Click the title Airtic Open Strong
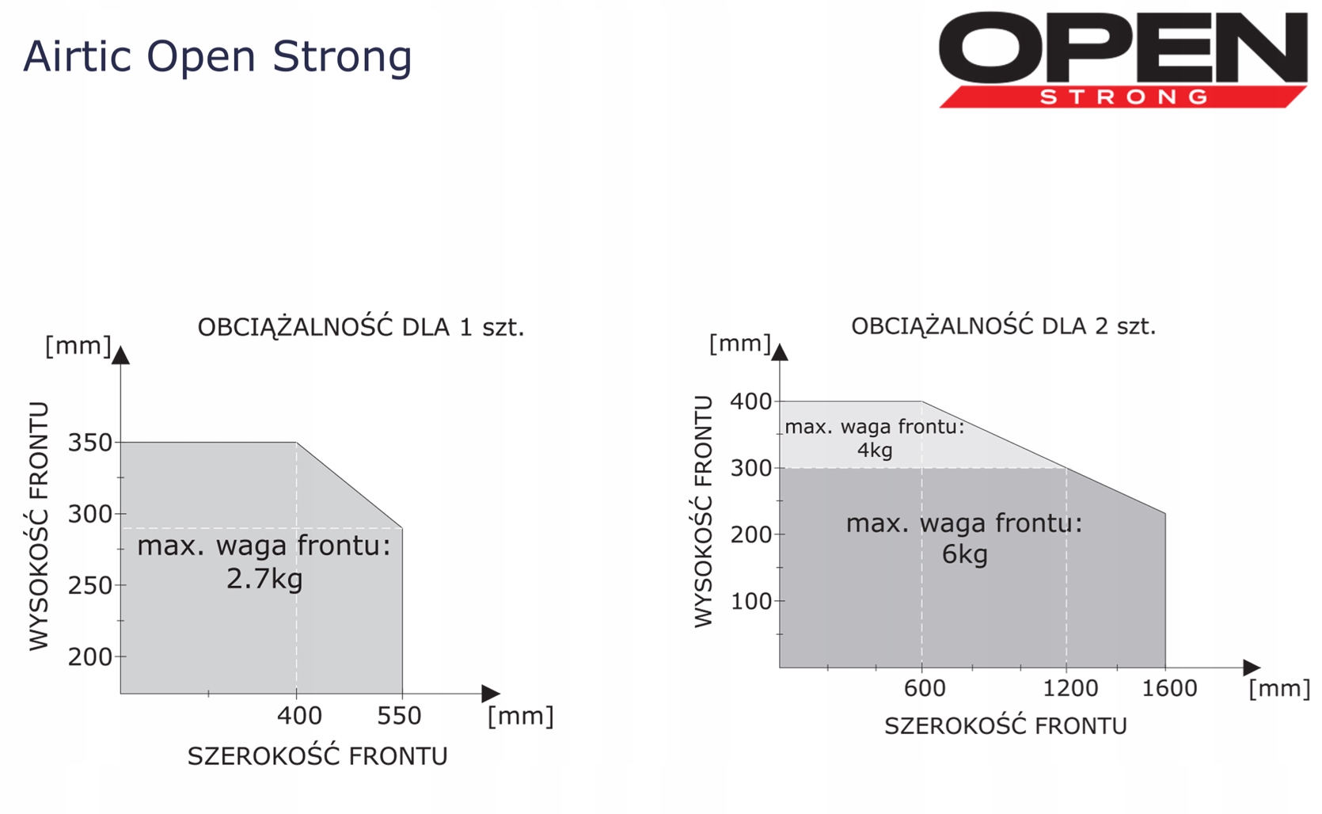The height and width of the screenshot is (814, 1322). (217, 58)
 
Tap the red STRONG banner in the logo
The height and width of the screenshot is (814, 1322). (1123, 97)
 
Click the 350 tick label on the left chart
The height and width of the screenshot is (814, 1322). (89, 442)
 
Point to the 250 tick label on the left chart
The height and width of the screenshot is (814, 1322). (89, 586)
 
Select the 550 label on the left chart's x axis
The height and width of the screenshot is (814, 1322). (399, 716)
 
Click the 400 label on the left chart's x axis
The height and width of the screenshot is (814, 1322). (299, 716)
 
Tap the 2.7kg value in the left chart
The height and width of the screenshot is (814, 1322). (264, 579)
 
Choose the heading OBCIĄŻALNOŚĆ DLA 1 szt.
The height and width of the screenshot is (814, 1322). (361, 326)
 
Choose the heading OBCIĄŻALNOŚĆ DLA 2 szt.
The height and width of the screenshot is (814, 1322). (1003, 325)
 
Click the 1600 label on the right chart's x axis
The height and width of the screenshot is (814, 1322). (1169, 688)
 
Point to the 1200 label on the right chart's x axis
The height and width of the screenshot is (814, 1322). (1070, 688)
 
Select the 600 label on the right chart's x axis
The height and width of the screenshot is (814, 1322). (925, 688)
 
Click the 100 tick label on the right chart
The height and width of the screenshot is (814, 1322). (751, 602)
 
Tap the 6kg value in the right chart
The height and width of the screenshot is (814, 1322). (964, 554)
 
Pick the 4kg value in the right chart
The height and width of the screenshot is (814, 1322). (875, 451)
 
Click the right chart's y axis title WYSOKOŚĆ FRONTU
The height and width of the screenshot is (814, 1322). (703, 512)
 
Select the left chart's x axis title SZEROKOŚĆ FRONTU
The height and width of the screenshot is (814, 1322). (317, 756)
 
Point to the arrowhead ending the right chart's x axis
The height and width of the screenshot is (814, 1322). (1252, 668)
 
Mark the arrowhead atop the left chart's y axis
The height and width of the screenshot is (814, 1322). (121, 355)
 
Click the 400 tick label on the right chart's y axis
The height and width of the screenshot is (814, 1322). (751, 401)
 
